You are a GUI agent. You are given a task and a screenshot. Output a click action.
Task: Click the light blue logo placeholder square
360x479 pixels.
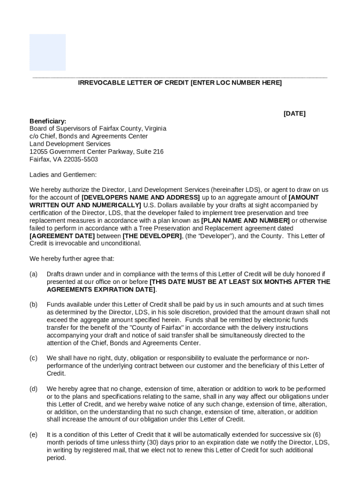pyautogui.click(x=48, y=52)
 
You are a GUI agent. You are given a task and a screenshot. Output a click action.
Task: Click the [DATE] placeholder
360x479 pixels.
pyautogui.click(x=295, y=114)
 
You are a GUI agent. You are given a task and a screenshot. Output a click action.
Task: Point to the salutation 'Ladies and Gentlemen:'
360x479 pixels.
pyautogui.click(x=63, y=175)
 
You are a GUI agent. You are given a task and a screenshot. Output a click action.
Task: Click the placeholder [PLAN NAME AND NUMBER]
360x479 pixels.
pyautogui.click(x=245, y=221)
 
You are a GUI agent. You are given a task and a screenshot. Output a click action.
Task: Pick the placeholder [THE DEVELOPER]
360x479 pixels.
pyautogui.click(x=152, y=236)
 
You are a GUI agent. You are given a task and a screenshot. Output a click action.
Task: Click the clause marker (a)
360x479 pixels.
pyautogui.click(x=34, y=274)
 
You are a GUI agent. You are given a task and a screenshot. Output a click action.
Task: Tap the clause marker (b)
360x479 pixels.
pyautogui.click(x=34, y=305)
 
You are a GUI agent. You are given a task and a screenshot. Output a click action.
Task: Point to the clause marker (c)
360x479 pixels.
pyautogui.click(x=34, y=358)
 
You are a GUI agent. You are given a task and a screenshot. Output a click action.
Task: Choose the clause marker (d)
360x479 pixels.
pyautogui.click(x=34, y=389)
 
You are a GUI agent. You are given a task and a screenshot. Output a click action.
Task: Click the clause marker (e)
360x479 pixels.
pyautogui.click(x=34, y=435)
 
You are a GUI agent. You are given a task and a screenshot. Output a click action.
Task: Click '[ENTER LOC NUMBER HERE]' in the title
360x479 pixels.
pyautogui.click(x=236, y=83)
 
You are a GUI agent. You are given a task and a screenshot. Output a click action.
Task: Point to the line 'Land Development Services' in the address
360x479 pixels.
pyautogui.click(x=70, y=144)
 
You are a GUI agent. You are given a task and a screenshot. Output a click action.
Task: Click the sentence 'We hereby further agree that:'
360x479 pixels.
pyautogui.click(x=72, y=259)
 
